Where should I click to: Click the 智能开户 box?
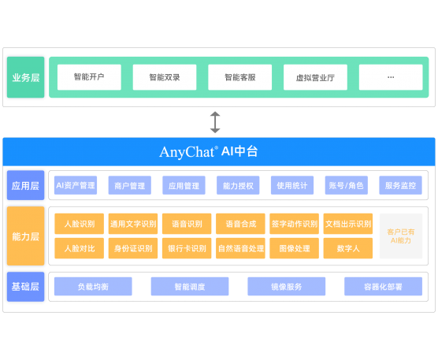pyautogui.click(x=89, y=77)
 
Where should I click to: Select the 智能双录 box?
pyautogui.click(x=165, y=77)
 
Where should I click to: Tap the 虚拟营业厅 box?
pyautogui.click(x=315, y=77)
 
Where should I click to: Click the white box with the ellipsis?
pyautogui.click(x=391, y=77)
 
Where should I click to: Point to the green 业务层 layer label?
pyautogui.click(x=26, y=77)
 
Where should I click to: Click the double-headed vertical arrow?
pyautogui.click(x=215, y=122)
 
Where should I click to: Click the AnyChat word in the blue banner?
pyautogui.click(x=187, y=152)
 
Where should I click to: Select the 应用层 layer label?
pyautogui.click(x=26, y=185)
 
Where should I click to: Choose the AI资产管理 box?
pyautogui.click(x=76, y=185)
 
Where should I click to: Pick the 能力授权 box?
pyautogui.click(x=238, y=185)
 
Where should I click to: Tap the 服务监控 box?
pyautogui.click(x=400, y=185)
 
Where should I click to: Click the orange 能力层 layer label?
pyautogui.click(x=26, y=236)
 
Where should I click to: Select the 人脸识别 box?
pyautogui.click(x=80, y=224)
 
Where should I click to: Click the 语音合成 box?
pyautogui.click(x=240, y=224)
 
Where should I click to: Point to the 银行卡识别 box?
pyautogui.click(x=187, y=248)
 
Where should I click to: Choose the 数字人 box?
pyautogui.click(x=348, y=248)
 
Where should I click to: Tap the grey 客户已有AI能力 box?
pyautogui.click(x=401, y=236)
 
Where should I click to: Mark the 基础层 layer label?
pyautogui.click(x=26, y=287)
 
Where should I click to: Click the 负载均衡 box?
pyautogui.click(x=93, y=286)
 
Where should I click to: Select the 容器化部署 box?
pyautogui.click(x=383, y=286)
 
